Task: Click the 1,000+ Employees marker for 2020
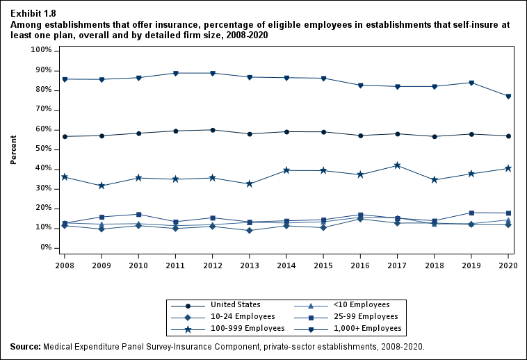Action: pos(508,97)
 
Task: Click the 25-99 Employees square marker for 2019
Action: pos(471,213)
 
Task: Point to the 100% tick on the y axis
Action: pos(40,51)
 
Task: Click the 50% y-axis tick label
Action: pos(42,149)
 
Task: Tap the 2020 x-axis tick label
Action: pos(508,265)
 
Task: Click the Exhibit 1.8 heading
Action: pos(33,13)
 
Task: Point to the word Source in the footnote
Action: pos(25,346)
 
